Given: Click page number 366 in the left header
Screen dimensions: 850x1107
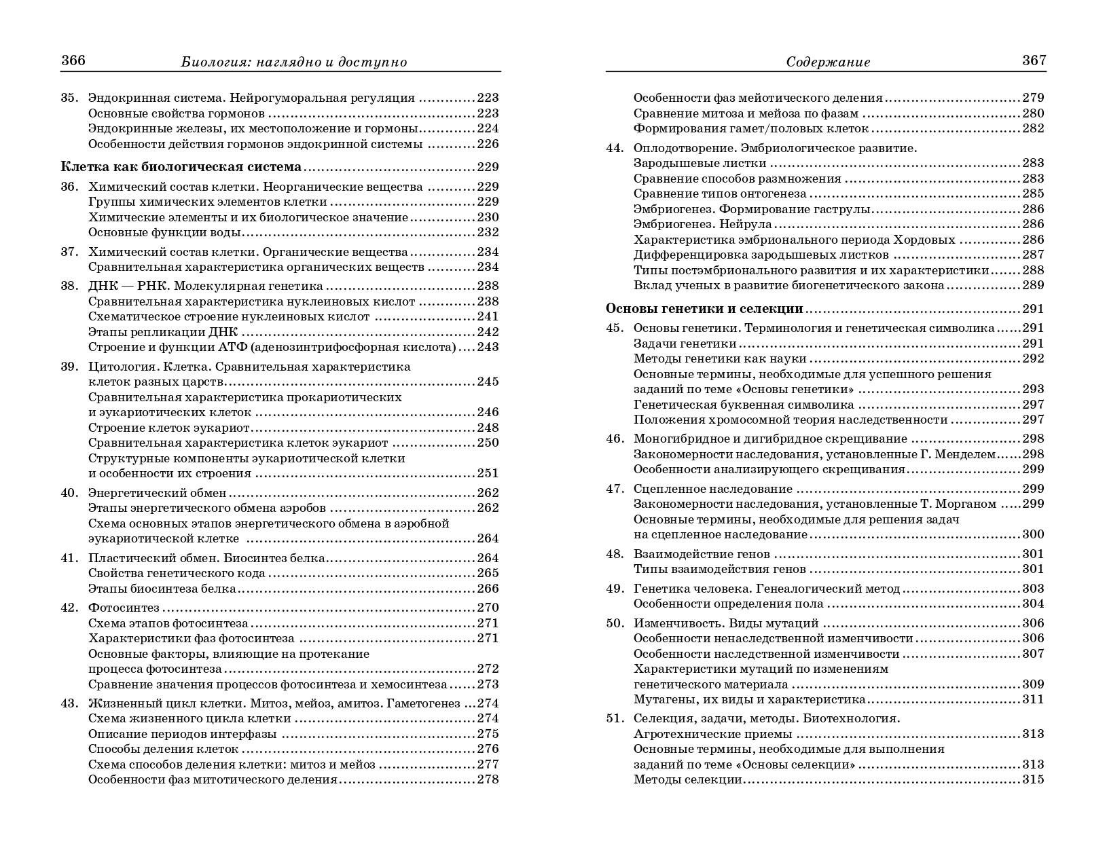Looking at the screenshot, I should pyautogui.click(x=73, y=60).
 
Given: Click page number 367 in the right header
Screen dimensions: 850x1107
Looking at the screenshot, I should pyautogui.click(x=1034, y=60).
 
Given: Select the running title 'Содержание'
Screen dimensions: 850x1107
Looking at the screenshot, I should pyautogui.click(x=828, y=62).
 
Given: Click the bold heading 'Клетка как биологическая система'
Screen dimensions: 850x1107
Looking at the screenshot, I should pyautogui.click(x=181, y=167).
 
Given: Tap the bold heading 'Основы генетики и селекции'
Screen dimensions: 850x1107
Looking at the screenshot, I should pyautogui.click(x=704, y=309).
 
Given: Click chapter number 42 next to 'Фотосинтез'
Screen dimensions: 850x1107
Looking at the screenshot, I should pyautogui.click(x=70, y=608).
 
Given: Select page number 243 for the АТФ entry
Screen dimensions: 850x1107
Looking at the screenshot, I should pyautogui.click(x=488, y=347).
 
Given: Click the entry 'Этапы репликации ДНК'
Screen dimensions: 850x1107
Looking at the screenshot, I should pyautogui.click(x=164, y=332).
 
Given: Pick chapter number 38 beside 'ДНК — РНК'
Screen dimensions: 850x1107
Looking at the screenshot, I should pyautogui.click(x=70, y=286).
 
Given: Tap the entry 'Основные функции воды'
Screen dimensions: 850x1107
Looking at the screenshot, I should pyautogui.click(x=164, y=232).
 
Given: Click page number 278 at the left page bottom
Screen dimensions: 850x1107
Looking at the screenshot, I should pyautogui.click(x=488, y=779).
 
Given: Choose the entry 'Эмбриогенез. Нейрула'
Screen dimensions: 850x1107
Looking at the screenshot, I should pyautogui.click(x=702, y=224).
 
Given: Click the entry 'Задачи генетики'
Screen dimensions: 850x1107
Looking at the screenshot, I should pyautogui.click(x=685, y=344).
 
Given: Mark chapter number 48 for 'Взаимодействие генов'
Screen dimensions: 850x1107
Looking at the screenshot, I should pyautogui.click(x=615, y=554).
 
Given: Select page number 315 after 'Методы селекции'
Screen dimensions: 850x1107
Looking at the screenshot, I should pyautogui.click(x=1033, y=779).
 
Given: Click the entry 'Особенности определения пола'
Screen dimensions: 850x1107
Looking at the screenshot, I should pyautogui.click(x=728, y=604).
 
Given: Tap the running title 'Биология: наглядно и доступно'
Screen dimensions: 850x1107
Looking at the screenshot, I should pyautogui.click(x=294, y=62).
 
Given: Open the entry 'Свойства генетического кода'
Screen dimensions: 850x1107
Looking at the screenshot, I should pyautogui.click(x=177, y=573).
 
